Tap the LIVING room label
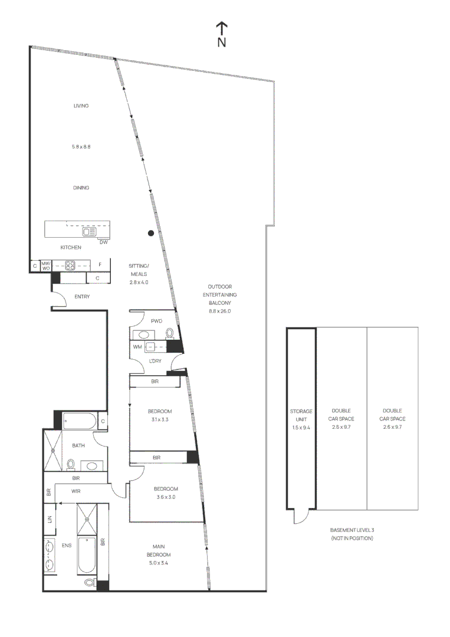point(81,106)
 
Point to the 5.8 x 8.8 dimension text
point(81,146)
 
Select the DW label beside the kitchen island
point(103,242)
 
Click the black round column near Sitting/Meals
point(151,233)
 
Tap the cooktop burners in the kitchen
point(70,265)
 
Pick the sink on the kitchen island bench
point(90,232)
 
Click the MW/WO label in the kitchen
point(45,265)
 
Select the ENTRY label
point(82,297)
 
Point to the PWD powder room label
point(156,321)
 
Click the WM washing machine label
point(137,347)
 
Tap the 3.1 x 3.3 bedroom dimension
point(159,420)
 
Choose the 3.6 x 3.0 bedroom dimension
point(166,497)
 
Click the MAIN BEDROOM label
point(159,551)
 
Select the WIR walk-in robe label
point(76,491)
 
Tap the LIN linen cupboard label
point(49,520)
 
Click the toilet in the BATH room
point(71,464)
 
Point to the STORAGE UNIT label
point(301,415)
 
